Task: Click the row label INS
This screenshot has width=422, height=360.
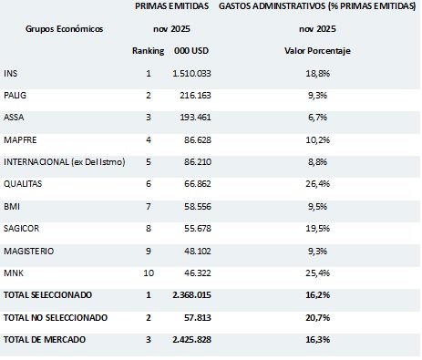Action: [x=10, y=72]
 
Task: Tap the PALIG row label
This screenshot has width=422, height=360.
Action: [x=14, y=94]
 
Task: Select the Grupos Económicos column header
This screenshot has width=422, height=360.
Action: [x=64, y=28]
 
